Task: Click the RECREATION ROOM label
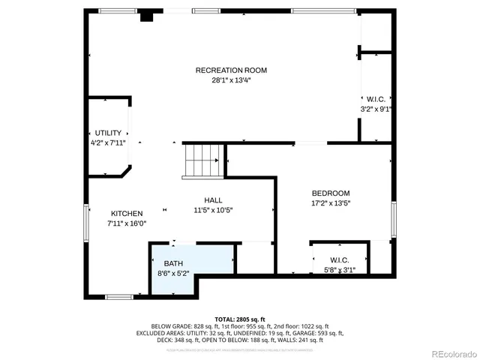231,70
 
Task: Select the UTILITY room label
108,133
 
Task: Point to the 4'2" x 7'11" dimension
108,142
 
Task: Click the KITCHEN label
127,213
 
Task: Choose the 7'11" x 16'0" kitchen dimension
127,223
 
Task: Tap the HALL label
214,200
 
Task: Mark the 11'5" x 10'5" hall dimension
214,210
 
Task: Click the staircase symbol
203,160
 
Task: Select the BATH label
173,263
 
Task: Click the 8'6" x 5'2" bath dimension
173,273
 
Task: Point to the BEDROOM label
331,193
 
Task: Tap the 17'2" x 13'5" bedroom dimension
331,202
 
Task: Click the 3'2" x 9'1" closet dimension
376,109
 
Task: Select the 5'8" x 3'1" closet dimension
340,270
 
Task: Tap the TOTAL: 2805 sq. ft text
239,319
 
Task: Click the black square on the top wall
147,14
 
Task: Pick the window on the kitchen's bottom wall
119,297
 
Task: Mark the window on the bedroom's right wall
392,219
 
